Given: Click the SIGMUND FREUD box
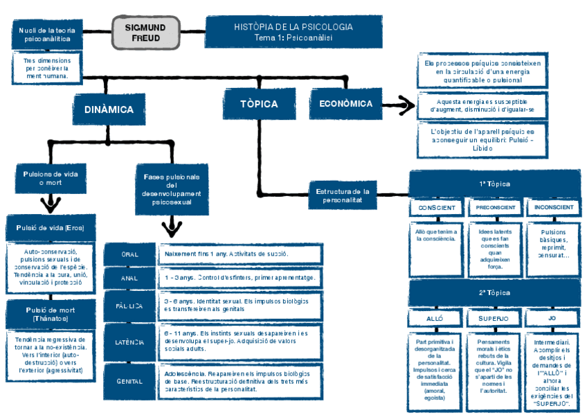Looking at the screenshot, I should click(145, 32).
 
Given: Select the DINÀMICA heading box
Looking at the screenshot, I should click(109, 109).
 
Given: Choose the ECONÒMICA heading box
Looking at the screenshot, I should click(345, 104).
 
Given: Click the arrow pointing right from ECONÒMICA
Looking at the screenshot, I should click(398, 106).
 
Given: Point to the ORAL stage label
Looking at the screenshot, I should click(129, 254).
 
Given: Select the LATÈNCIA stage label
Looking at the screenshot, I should click(129, 342).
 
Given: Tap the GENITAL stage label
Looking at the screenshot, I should click(129, 381).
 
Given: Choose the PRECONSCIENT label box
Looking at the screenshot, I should click(494, 207).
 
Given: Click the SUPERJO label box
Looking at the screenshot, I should click(494, 318).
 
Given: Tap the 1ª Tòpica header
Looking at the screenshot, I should click(494, 184).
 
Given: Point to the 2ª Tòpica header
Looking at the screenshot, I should click(494, 292).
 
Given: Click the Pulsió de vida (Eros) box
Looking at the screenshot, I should click(50, 228).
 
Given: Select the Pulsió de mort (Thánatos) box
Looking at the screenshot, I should click(50, 313).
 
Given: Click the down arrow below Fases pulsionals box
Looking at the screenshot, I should click(171, 227).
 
